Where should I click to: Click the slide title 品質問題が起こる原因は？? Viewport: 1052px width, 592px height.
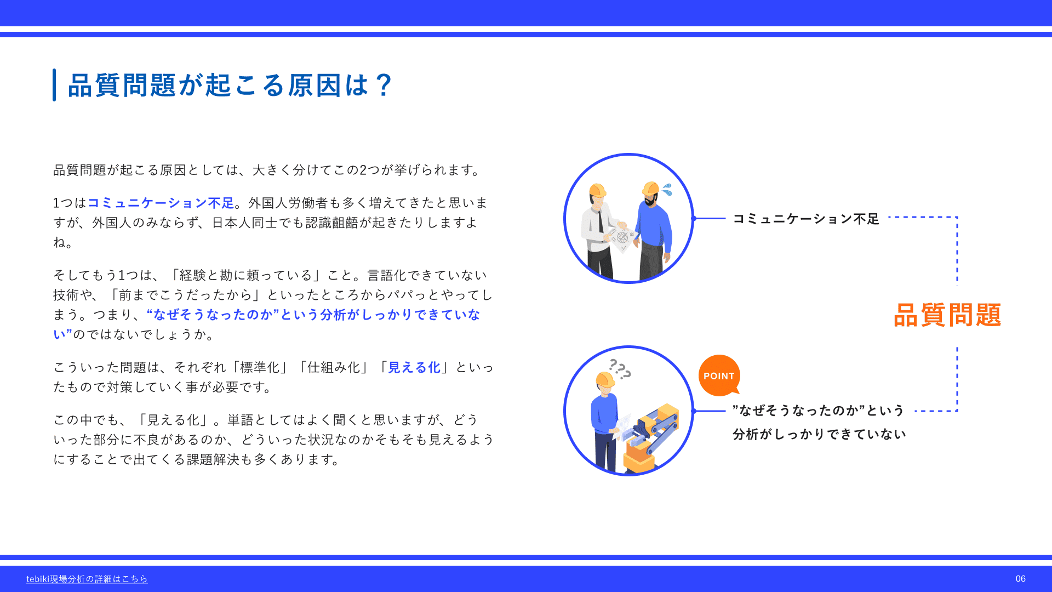pyautogui.click(x=230, y=85)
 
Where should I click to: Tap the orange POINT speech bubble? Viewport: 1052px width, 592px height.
pyautogui.click(x=719, y=375)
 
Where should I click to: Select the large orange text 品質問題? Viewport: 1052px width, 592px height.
pyautogui.click(x=947, y=315)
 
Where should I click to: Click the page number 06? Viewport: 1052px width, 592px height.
pyautogui.click(x=1020, y=579)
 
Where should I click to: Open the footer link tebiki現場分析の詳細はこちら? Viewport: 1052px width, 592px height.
pyautogui.click(x=87, y=579)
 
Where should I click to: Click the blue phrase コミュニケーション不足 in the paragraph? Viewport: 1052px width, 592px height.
pyautogui.click(x=161, y=203)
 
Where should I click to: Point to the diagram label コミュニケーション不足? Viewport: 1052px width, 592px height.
pyautogui.click(x=806, y=219)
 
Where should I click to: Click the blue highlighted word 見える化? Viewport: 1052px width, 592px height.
pyautogui.click(x=414, y=367)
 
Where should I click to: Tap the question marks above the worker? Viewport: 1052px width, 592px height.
pyautogui.click(x=620, y=369)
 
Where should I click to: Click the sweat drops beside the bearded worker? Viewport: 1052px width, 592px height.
pyautogui.click(x=667, y=190)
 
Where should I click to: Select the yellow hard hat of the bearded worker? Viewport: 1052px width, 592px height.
pyautogui.click(x=650, y=188)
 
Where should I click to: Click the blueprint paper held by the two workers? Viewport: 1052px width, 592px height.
pyautogui.click(x=621, y=237)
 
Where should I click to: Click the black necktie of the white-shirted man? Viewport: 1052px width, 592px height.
pyautogui.click(x=601, y=221)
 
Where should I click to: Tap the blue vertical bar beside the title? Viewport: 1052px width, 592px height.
pyautogui.click(x=54, y=85)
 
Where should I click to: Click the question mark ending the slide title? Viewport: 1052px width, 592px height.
pyautogui.click(x=385, y=85)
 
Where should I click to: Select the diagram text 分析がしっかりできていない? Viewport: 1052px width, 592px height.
pyautogui.click(x=819, y=434)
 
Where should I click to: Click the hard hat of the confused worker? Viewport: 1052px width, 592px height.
pyautogui.click(x=605, y=379)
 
